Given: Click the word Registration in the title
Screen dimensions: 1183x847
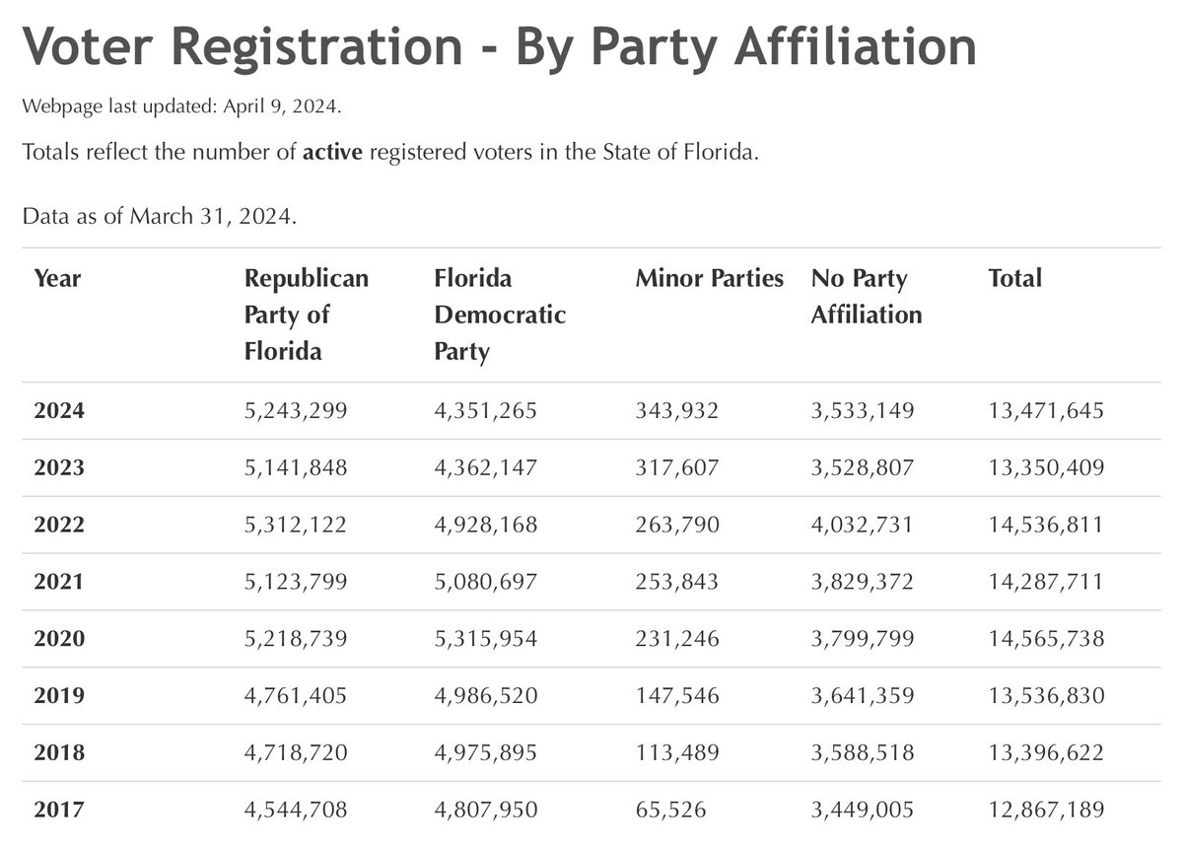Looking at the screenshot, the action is [316, 48].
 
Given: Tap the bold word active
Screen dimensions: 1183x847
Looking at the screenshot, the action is [332, 152].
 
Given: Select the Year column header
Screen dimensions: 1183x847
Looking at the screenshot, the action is [57, 279].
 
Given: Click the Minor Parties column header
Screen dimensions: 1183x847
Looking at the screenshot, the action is [709, 278].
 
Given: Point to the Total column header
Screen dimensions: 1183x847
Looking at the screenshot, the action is [1014, 278].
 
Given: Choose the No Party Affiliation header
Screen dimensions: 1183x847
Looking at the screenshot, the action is [867, 297].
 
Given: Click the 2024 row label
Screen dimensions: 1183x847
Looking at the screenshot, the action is [59, 410].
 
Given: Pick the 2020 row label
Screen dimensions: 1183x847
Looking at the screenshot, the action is [59, 638].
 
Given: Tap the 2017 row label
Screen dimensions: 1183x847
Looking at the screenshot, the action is [59, 810].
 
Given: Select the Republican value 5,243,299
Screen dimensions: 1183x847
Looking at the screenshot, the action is [295, 411].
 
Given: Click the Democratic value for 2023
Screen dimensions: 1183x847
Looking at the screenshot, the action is [485, 468].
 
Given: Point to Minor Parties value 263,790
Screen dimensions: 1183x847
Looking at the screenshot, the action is [677, 526].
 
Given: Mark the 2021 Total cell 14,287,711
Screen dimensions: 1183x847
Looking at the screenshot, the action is [1046, 582].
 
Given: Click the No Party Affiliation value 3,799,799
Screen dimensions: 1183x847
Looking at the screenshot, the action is [863, 639].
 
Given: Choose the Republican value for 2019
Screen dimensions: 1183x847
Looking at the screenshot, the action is [295, 696].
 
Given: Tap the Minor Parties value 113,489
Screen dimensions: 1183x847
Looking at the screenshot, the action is [677, 753].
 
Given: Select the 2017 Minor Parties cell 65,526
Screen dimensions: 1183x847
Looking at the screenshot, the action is [670, 810].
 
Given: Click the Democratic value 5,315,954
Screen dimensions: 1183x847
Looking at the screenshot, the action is [485, 639].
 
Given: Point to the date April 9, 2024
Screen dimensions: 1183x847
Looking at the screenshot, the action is [282, 106].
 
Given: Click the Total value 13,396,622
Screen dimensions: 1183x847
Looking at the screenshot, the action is [1046, 753].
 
